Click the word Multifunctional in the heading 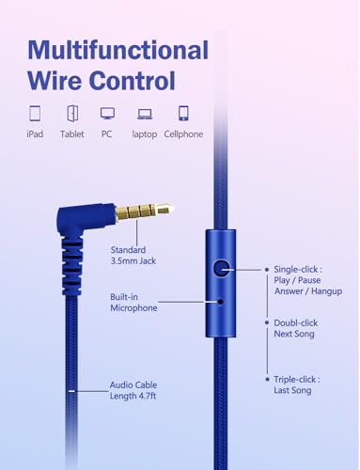[118, 50]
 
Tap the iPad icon [35, 113]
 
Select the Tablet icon [72, 113]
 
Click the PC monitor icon [107, 114]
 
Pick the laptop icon [145, 114]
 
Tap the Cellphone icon [183, 113]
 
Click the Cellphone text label [183, 134]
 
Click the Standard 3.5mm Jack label [133, 256]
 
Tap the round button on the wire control [221, 269]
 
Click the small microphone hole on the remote [221, 302]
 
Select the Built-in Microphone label [133, 303]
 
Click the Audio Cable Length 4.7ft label [133, 390]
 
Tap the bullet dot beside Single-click [267, 270]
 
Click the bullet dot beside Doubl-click [267, 322]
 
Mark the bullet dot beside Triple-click [267, 380]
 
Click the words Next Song [294, 334]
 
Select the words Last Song [292, 390]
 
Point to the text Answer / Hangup [308, 291]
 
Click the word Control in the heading [133, 81]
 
